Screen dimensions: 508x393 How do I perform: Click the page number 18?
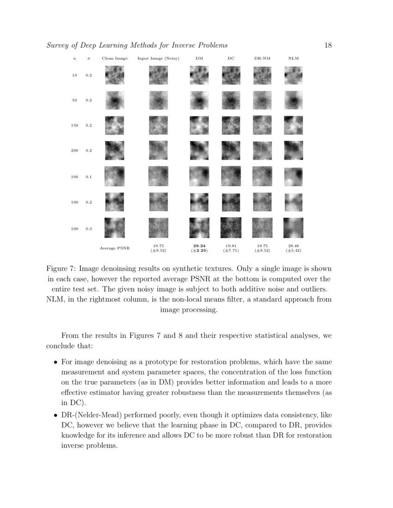tap(328, 45)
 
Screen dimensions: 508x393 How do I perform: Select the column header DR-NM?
tap(262, 59)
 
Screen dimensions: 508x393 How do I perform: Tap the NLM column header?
tap(293, 59)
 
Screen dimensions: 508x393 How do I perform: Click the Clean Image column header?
tap(115, 59)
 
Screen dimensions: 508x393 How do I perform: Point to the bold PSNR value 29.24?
tap(199, 246)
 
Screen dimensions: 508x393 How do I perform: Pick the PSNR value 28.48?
tap(294, 246)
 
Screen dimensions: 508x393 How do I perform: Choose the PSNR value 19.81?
tap(231, 246)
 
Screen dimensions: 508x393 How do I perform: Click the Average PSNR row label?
tap(115, 248)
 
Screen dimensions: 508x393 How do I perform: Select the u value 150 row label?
tap(74, 125)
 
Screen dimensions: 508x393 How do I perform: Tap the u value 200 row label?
tap(74, 151)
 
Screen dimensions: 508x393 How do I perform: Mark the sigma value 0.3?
tap(88, 228)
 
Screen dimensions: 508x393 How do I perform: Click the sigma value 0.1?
tap(88, 176)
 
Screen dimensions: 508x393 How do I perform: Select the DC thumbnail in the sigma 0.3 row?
tap(231, 228)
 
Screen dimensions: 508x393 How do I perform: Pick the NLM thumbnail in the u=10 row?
tap(293, 75)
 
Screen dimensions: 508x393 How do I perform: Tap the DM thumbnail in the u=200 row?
tap(199, 151)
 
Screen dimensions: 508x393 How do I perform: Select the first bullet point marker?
tap(55, 362)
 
